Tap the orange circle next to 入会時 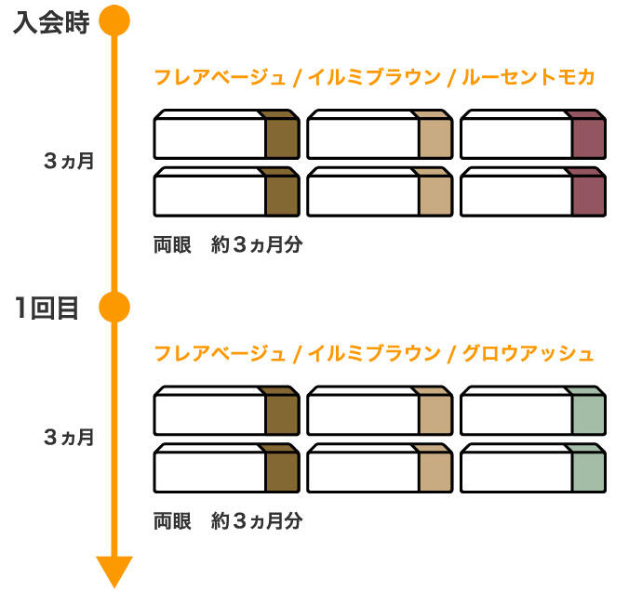[x=114, y=20]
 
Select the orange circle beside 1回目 [x=114, y=306]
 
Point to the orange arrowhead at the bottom [x=114, y=569]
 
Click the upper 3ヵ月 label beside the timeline [x=69, y=161]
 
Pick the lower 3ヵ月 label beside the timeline [x=69, y=437]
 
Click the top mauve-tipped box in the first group [x=532, y=136]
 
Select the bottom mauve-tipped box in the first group [x=532, y=192]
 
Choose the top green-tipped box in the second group [x=532, y=411]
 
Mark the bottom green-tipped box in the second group [x=532, y=468]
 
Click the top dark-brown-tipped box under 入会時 [x=226, y=136]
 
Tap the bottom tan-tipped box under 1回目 [x=379, y=468]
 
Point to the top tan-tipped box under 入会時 [x=379, y=136]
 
